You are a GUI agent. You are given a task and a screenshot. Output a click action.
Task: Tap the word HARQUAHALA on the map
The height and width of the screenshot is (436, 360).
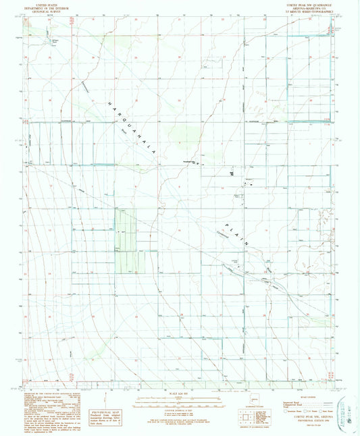(x=135, y=128)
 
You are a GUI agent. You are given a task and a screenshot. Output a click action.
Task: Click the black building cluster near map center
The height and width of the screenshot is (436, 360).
(x=232, y=174)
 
